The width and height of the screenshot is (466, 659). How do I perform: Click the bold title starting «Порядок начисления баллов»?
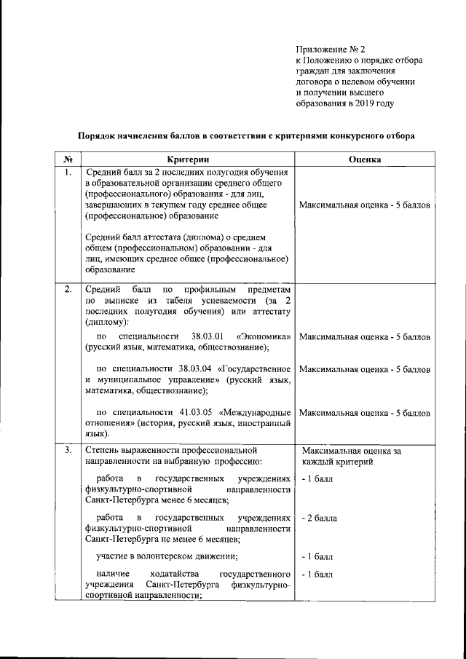click(247, 135)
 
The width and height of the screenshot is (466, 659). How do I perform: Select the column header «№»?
click(67, 159)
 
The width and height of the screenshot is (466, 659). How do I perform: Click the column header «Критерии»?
click(187, 159)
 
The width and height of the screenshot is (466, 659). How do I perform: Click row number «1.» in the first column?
click(67, 173)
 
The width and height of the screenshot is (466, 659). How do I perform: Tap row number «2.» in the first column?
click(67, 291)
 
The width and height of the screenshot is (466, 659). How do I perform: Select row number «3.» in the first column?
click(67, 449)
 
